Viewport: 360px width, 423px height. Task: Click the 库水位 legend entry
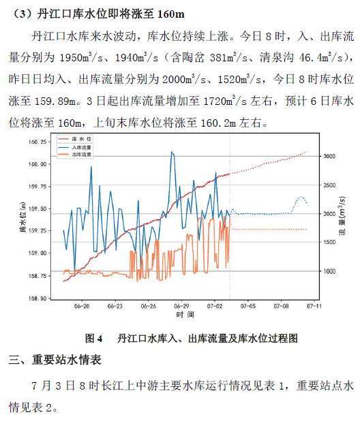[x=74, y=139]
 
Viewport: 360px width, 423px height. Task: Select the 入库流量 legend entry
[x=74, y=147]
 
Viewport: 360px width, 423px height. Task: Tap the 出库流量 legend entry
[x=74, y=155]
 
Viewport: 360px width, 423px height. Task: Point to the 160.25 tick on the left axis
[x=37, y=142]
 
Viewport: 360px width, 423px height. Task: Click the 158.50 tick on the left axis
[x=37, y=298]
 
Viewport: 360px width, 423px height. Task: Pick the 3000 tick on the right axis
[x=329, y=156]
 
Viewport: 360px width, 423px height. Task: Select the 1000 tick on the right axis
[x=329, y=271]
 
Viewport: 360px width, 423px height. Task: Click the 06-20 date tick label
[x=82, y=307]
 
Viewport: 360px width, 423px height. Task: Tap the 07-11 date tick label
[x=314, y=307]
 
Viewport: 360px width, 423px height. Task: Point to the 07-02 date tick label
[x=215, y=307]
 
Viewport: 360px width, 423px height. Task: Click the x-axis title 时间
[x=185, y=315]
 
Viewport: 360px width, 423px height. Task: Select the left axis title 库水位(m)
[x=23, y=217]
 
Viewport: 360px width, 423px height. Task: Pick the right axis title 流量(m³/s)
[x=342, y=216]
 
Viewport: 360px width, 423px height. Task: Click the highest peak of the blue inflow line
[x=172, y=152]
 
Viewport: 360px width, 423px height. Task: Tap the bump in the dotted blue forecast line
[x=301, y=197]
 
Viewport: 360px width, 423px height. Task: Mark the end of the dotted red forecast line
[x=307, y=152]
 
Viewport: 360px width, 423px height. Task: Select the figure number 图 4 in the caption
[x=93, y=339]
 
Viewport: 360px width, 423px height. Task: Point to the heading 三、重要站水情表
[x=55, y=360]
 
